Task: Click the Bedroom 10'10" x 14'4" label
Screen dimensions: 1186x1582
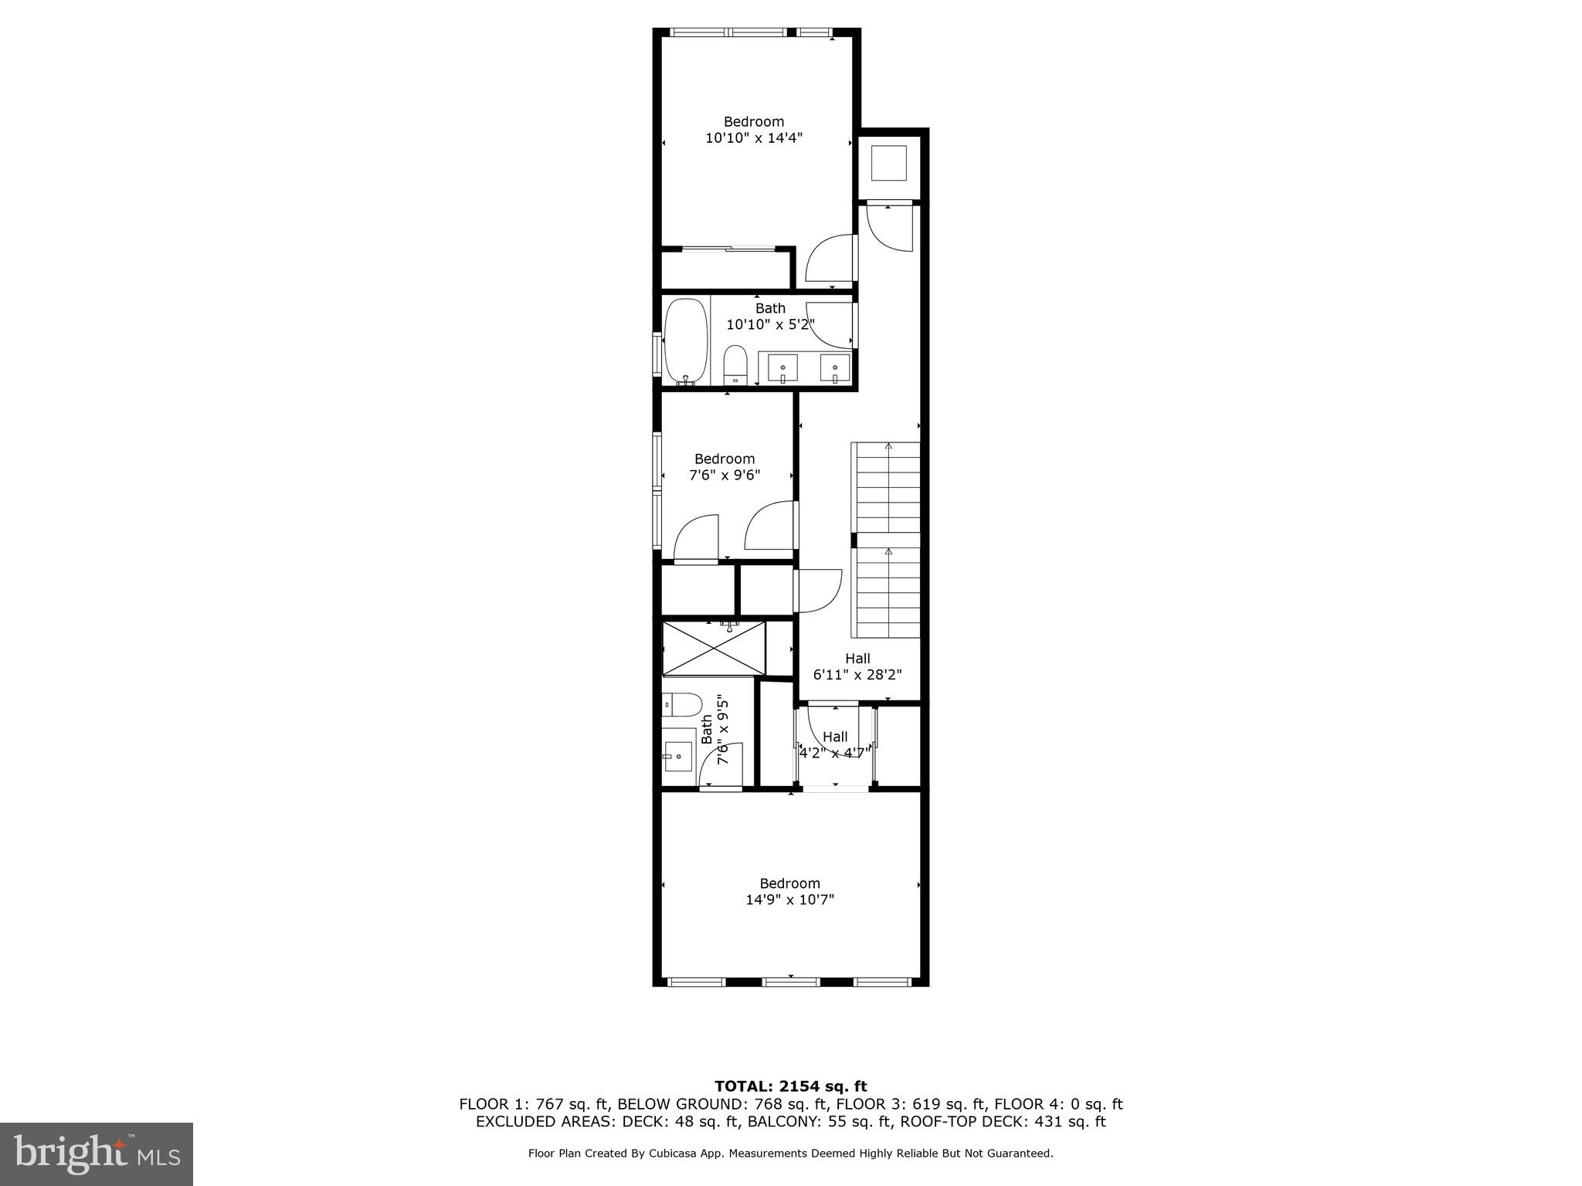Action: [753, 130]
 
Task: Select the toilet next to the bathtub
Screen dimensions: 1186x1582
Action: [735, 364]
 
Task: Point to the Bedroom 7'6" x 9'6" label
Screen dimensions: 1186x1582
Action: [724, 467]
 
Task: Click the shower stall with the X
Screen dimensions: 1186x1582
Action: [715, 648]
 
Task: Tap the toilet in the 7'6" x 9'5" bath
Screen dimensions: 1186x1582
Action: [683, 704]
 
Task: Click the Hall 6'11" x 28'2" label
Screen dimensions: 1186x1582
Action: [857, 666]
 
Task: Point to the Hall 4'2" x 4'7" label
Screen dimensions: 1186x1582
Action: [834, 744]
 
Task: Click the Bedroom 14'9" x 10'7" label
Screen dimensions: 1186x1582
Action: [789, 891]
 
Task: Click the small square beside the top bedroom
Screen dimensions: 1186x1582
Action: [888, 163]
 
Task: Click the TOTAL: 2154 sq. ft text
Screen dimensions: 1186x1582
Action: [790, 1086]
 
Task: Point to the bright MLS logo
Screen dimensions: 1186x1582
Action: [97, 1154]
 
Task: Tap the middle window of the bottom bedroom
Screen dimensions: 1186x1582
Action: [790, 982]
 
